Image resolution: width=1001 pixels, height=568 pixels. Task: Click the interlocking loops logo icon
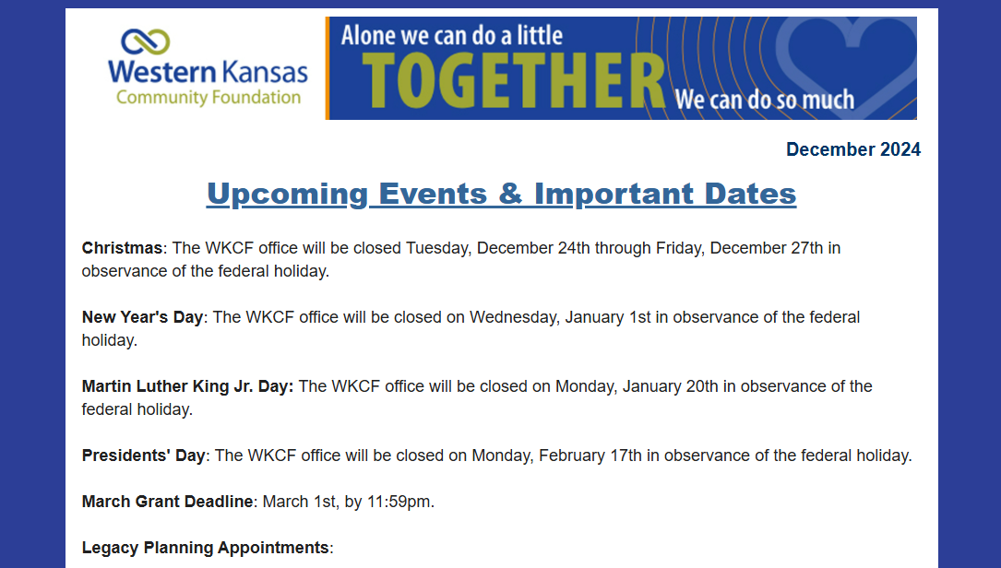(146, 41)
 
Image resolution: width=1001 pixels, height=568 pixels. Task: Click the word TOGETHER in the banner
(514, 81)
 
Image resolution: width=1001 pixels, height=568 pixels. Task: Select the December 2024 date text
(852, 149)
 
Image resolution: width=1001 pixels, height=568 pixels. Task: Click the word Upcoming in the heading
(287, 194)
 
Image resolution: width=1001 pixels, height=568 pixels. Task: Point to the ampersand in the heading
(510, 193)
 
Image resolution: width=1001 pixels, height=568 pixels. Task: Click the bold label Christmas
(122, 248)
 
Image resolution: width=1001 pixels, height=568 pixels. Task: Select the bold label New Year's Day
(142, 317)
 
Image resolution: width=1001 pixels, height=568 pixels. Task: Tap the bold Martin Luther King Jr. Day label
(187, 386)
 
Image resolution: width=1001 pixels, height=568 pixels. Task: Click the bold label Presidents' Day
(144, 455)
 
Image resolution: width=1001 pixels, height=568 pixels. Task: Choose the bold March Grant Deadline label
(167, 502)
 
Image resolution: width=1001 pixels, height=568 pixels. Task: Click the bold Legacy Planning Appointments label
(206, 548)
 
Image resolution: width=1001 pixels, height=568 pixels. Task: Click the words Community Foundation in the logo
(209, 97)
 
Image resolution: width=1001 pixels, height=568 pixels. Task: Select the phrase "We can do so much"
(765, 100)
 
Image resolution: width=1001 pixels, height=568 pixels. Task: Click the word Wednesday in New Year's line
(513, 317)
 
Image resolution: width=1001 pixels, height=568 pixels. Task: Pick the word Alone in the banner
(366, 35)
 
